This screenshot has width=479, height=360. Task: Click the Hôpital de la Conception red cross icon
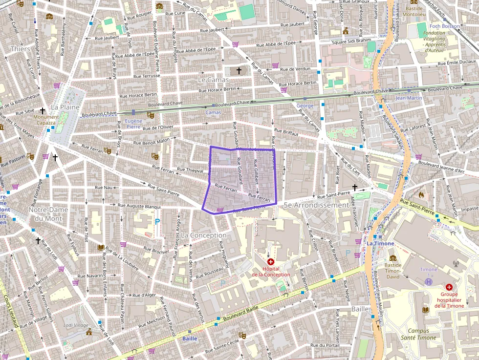click(x=271, y=262)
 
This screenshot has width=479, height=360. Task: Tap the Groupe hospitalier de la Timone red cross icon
click(x=449, y=287)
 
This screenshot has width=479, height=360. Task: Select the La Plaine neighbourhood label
click(x=62, y=107)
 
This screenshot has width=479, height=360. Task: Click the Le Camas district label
click(x=213, y=79)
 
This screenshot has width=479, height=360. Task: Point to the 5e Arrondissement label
click(x=316, y=205)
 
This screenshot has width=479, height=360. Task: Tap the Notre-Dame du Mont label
click(x=48, y=213)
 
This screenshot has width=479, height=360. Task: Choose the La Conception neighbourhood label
click(x=203, y=235)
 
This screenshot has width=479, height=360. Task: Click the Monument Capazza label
click(x=45, y=120)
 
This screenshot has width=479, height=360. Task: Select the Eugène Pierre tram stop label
click(x=133, y=124)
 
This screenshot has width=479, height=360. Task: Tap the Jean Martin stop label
click(x=409, y=98)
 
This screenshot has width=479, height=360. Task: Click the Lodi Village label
click(x=76, y=325)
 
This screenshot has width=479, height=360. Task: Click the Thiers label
click(x=20, y=49)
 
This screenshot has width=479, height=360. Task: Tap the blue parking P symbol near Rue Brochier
click(x=157, y=221)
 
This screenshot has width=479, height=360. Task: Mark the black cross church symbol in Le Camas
click(x=239, y=71)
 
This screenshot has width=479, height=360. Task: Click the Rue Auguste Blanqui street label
click(x=140, y=206)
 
